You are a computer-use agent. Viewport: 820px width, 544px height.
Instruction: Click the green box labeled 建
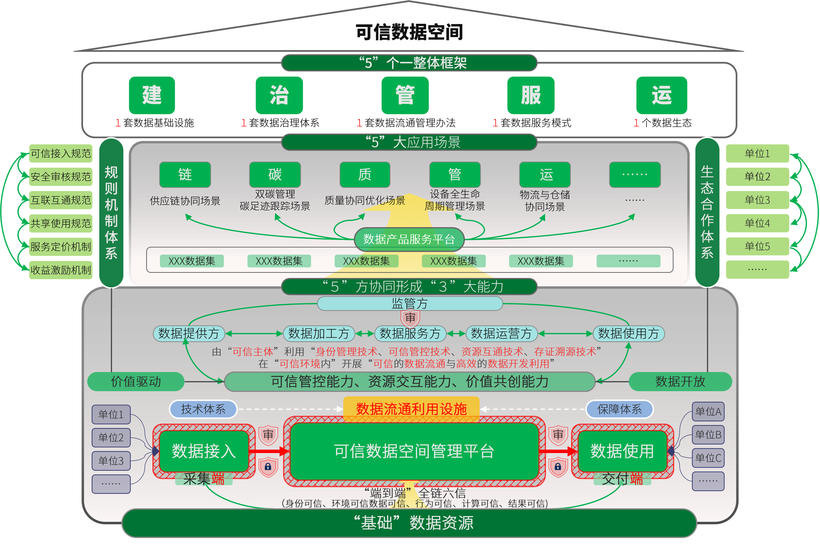(x=152, y=95)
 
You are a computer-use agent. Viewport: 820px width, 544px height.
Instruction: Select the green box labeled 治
(x=279, y=95)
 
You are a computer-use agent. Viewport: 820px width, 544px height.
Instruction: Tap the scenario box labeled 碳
(x=275, y=175)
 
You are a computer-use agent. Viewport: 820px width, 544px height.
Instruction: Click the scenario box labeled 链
(x=185, y=175)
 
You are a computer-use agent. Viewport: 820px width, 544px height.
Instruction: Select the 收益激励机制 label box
(x=61, y=270)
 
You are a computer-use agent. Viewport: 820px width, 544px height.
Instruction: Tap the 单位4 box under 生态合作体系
(x=757, y=223)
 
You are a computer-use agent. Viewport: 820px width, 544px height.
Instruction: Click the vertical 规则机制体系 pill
(x=111, y=212)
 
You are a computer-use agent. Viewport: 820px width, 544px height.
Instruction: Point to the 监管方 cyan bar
(x=409, y=303)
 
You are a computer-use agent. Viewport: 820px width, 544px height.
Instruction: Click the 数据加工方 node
(x=318, y=333)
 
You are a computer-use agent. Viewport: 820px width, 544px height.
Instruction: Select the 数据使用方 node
(x=629, y=333)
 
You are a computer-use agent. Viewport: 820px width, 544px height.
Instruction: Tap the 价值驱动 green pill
(x=136, y=382)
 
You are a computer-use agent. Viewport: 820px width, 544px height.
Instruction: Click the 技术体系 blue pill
(x=203, y=409)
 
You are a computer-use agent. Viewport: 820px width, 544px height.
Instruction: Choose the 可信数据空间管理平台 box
(x=414, y=451)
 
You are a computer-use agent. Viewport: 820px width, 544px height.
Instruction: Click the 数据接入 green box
(x=204, y=451)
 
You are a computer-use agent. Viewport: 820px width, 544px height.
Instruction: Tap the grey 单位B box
(x=708, y=435)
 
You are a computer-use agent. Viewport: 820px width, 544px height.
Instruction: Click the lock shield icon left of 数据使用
(x=558, y=467)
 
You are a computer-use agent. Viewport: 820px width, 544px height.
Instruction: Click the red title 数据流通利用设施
(x=411, y=409)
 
